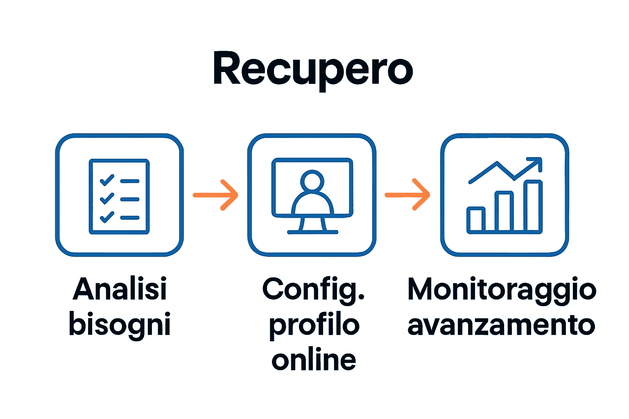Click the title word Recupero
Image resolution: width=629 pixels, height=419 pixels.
tap(313, 69)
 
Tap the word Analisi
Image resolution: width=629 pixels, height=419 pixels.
tap(120, 289)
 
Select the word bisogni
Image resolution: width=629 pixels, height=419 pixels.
tap(120, 324)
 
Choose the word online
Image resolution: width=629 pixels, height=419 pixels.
tap(314, 360)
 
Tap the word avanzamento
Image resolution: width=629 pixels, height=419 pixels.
tap(501, 325)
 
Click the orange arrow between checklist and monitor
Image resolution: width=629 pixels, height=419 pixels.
tap(216, 195)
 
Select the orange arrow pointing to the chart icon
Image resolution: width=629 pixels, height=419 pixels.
tap(408, 195)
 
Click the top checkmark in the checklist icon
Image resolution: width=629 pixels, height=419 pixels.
tap(107, 180)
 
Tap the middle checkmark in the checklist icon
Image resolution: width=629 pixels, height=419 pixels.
tap(107, 198)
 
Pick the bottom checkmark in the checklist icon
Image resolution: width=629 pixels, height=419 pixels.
tap(107, 217)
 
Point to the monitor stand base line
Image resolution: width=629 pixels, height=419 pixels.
tap(312, 232)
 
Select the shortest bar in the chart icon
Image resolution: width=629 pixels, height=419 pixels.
tap(476, 220)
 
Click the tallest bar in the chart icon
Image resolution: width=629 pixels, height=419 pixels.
tap(533, 206)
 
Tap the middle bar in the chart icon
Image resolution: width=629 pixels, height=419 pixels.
tap(504, 212)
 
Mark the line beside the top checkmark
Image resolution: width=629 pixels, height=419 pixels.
tap(130, 181)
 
